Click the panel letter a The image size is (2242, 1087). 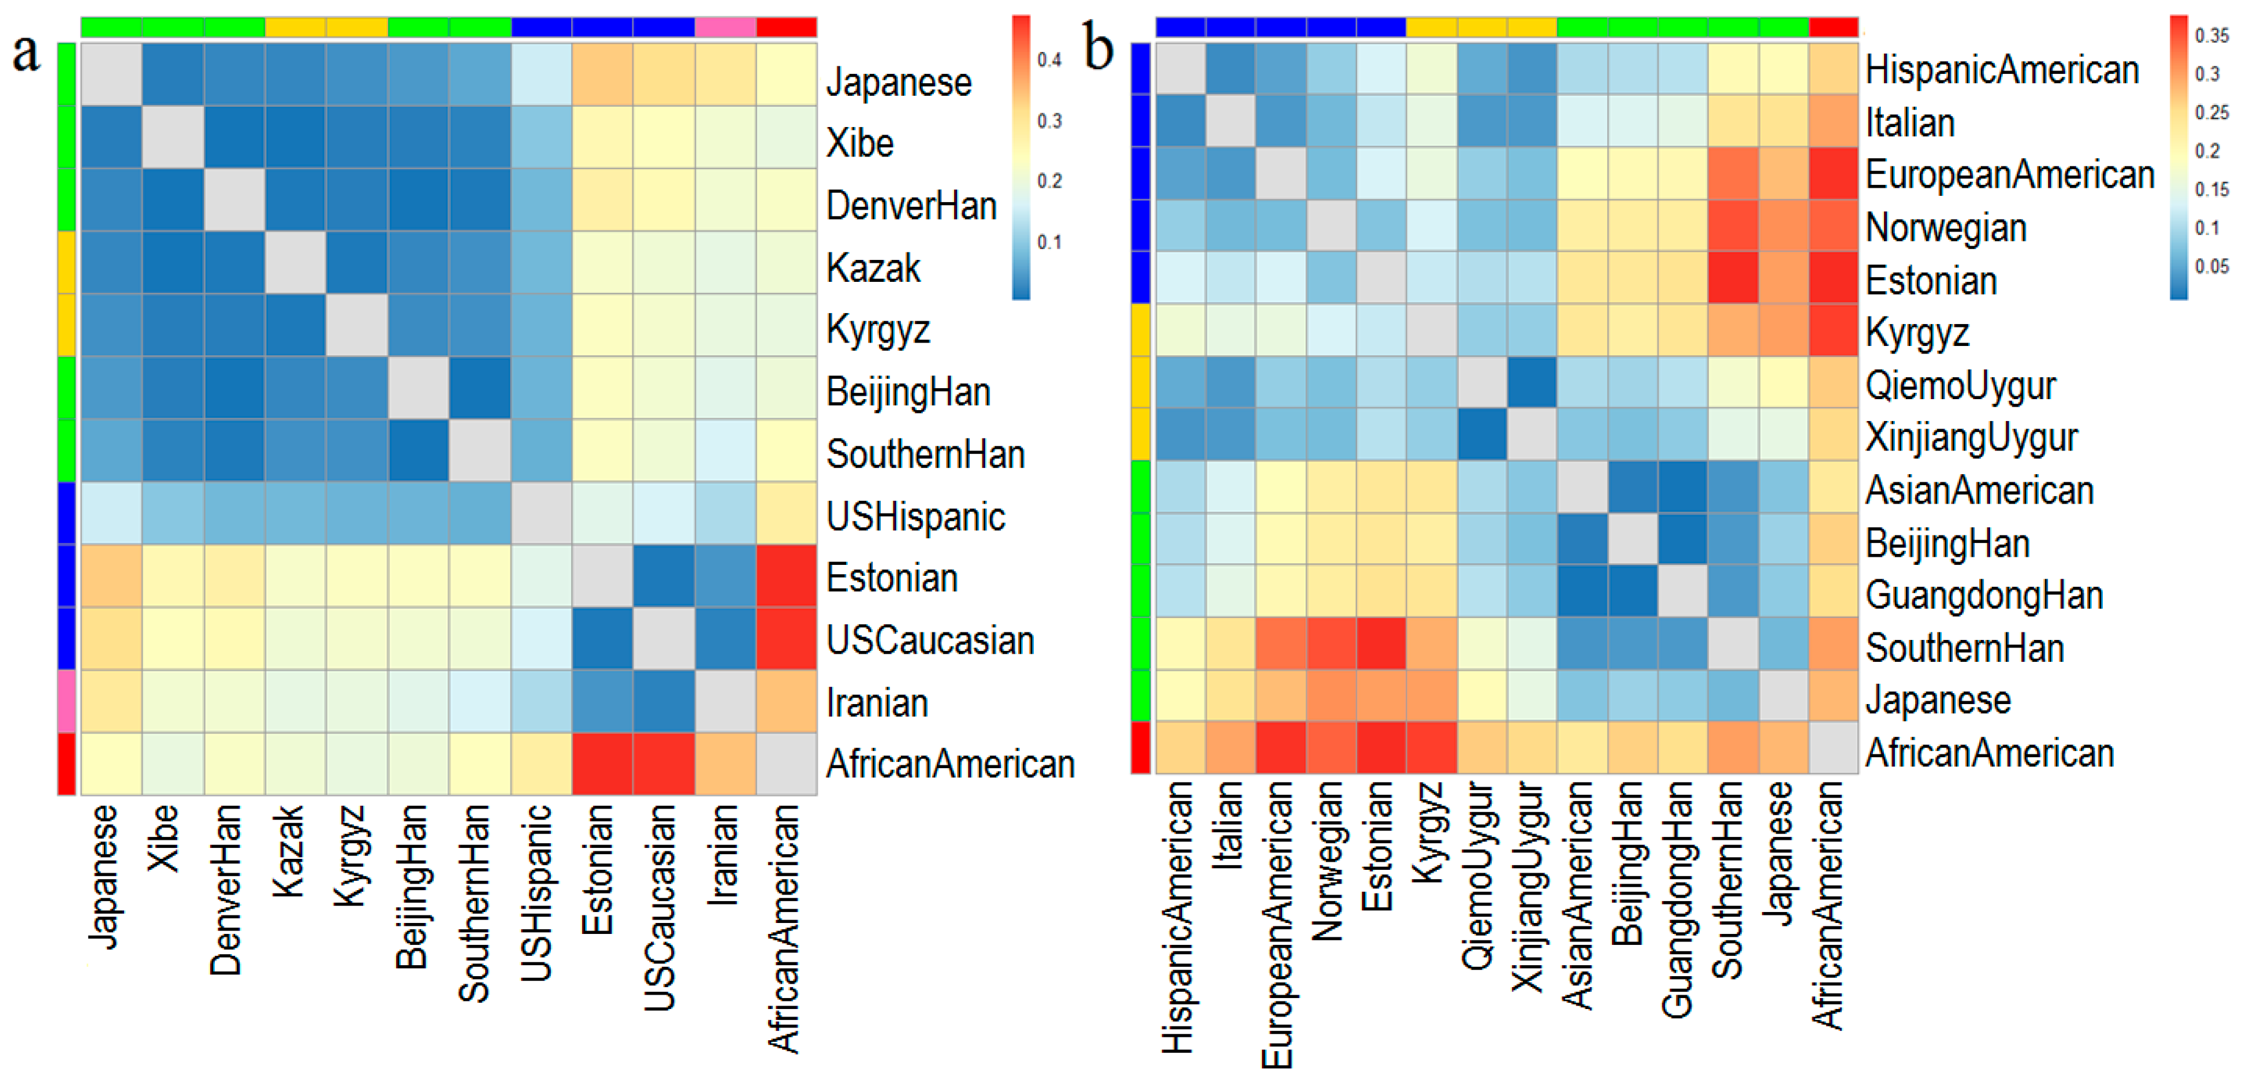point(26,54)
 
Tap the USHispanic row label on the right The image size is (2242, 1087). point(915,517)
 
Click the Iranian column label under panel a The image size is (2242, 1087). point(723,855)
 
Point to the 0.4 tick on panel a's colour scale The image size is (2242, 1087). point(1049,60)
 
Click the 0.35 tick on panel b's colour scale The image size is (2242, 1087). point(2211,36)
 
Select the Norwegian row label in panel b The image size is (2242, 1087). point(1945,228)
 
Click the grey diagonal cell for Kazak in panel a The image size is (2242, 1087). point(295,262)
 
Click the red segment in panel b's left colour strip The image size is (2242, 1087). point(1140,747)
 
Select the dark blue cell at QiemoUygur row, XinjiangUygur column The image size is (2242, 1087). point(1531,381)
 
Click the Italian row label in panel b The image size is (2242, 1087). point(1909,122)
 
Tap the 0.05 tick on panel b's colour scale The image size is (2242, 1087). point(2211,266)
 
